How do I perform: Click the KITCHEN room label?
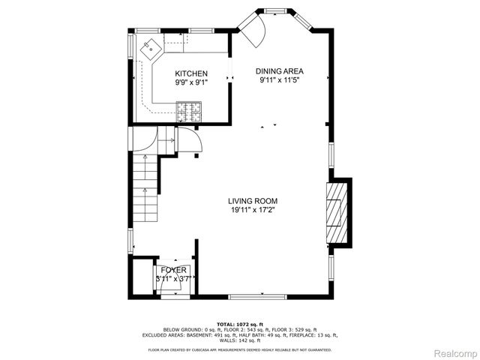[x=191, y=73]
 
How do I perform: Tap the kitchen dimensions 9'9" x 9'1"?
[x=191, y=82]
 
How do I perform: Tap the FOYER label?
[x=173, y=270]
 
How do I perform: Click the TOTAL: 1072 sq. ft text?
[x=239, y=322]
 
